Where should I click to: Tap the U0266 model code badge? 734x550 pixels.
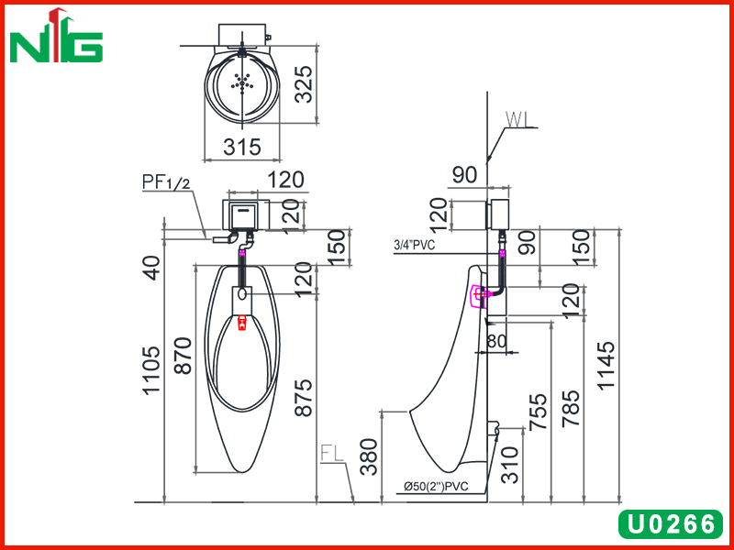pyautogui.click(x=671, y=523)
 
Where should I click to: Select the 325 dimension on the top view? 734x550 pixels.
pyautogui.click(x=306, y=84)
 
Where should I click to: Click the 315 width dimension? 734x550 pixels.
pyautogui.click(x=242, y=147)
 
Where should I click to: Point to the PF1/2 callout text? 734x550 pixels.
pyautogui.click(x=166, y=182)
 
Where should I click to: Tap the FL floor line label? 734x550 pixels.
pyautogui.click(x=332, y=453)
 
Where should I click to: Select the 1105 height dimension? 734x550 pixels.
pyautogui.click(x=152, y=371)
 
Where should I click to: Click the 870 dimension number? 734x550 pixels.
pyautogui.click(x=183, y=356)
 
